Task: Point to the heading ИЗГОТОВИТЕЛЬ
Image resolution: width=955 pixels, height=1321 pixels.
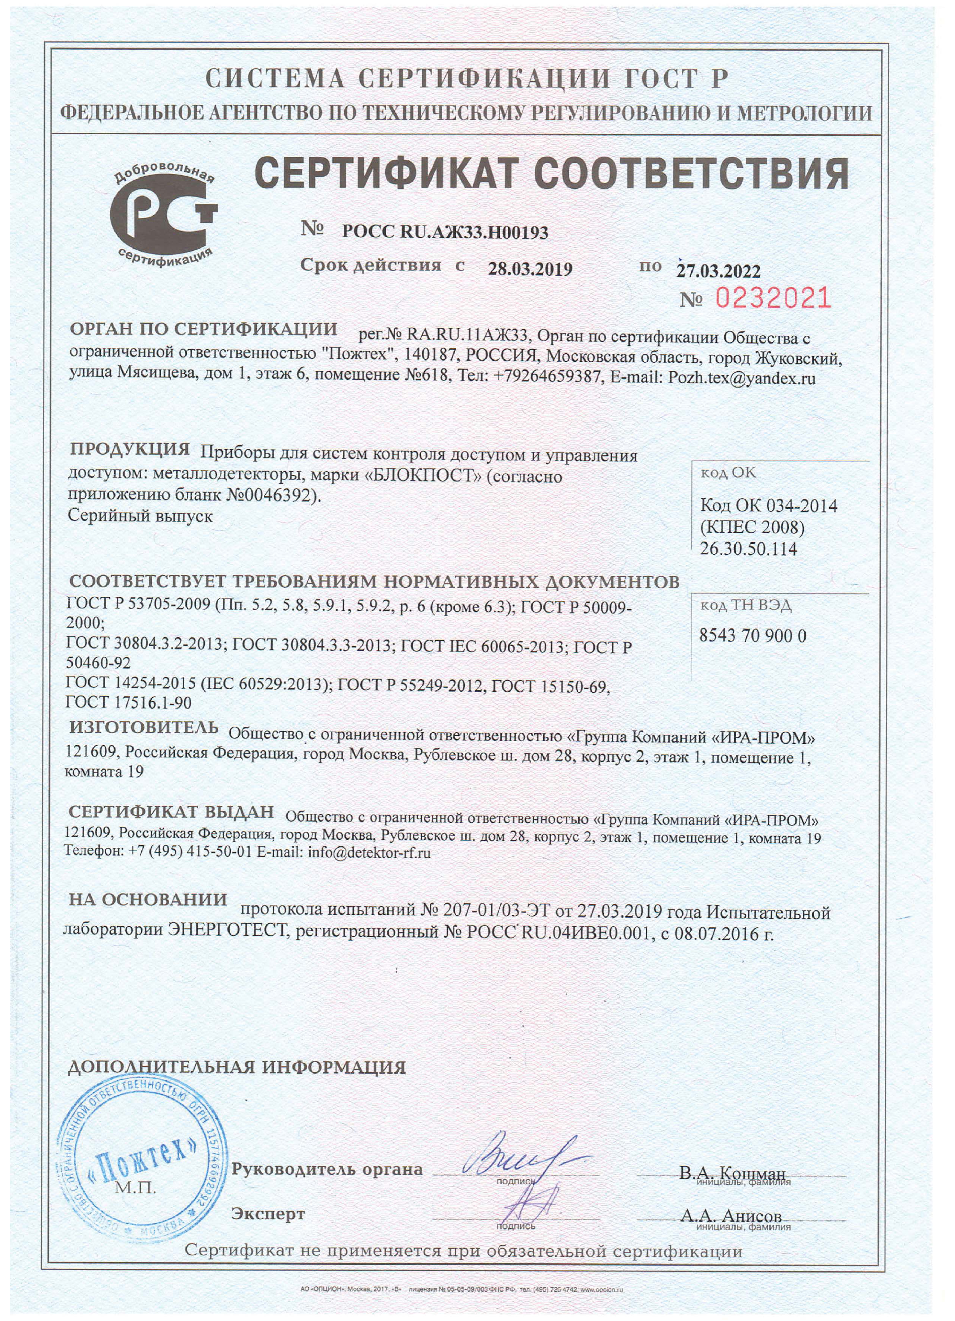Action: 144,727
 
